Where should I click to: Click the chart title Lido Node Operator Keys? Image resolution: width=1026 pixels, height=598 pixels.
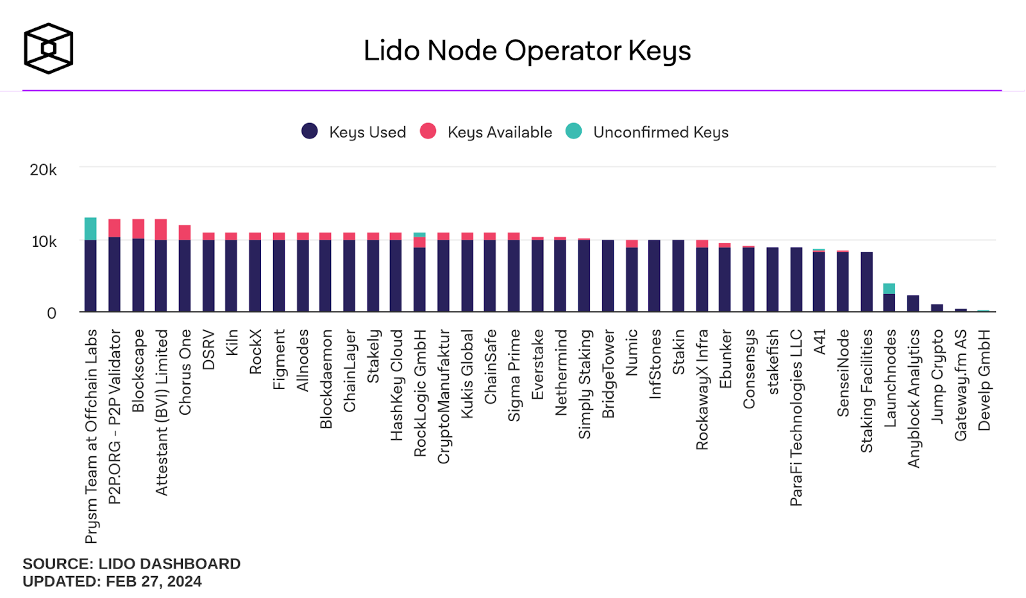click(527, 51)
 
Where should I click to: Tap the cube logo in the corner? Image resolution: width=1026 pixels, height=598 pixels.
click(48, 48)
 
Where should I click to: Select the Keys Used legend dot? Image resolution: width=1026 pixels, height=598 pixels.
click(310, 131)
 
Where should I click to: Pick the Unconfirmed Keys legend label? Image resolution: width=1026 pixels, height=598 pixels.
click(660, 132)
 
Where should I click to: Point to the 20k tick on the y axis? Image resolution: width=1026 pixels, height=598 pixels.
click(43, 170)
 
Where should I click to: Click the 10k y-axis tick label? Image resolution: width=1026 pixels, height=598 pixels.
click(44, 242)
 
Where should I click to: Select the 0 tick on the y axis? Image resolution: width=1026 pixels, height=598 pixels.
click(51, 313)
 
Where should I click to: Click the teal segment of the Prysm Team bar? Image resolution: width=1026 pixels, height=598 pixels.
click(90, 229)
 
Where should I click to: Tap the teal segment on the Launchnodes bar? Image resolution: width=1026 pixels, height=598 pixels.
click(889, 288)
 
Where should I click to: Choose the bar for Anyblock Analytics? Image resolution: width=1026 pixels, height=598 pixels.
click(913, 304)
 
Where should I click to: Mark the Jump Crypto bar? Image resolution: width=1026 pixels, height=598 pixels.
click(937, 308)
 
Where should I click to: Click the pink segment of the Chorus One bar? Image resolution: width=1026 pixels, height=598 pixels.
click(185, 233)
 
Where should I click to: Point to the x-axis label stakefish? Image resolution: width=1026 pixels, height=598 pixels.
click(773, 361)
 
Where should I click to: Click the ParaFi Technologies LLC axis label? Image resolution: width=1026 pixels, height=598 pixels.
click(796, 417)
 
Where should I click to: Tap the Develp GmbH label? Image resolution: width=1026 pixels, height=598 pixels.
click(984, 379)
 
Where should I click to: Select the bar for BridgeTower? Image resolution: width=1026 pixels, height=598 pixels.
click(608, 276)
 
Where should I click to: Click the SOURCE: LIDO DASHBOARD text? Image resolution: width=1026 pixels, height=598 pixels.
click(131, 564)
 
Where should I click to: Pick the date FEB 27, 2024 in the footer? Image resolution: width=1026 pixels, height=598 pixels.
click(154, 581)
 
